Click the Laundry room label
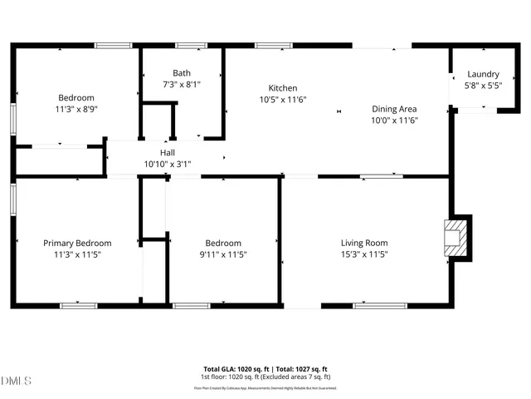(x=483, y=74)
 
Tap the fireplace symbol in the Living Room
(x=455, y=239)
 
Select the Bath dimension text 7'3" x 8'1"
(x=181, y=84)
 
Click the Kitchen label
(x=282, y=88)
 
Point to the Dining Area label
(x=393, y=109)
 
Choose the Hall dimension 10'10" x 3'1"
(x=168, y=164)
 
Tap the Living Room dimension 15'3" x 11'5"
(x=364, y=254)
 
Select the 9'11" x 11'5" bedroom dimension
(x=223, y=254)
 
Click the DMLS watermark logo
(x=17, y=382)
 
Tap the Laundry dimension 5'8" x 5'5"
(x=483, y=85)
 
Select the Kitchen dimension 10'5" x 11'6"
(x=282, y=99)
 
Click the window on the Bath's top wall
(x=190, y=46)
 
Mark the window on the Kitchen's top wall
(x=268, y=46)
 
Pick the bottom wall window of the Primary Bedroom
(x=78, y=305)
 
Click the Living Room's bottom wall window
(x=374, y=305)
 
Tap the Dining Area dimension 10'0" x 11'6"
(x=393, y=120)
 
